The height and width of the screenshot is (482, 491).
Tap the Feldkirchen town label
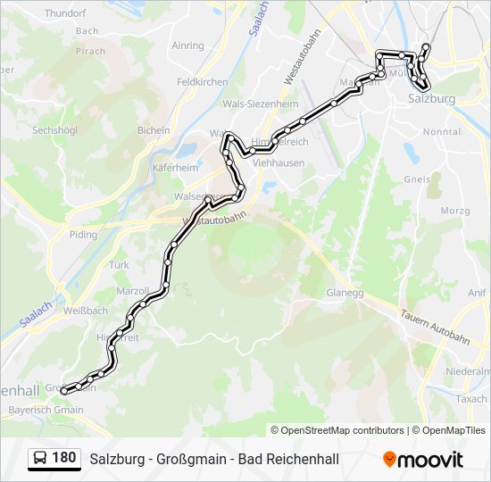click(203, 81)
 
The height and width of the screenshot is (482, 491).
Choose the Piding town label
click(83, 235)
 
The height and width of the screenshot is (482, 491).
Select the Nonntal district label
click(441, 131)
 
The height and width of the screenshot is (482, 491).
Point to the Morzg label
click(455, 211)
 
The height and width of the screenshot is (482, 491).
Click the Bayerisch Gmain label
click(46, 410)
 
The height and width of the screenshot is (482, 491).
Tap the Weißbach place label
click(86, 311)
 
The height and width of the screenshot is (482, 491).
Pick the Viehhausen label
click(279, 163)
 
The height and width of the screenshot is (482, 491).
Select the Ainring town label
click(187, 46)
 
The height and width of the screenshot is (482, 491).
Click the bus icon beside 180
click(39, 459)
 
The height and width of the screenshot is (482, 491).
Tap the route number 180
click(63, 459)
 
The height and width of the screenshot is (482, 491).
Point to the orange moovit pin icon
click(389, 460)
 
